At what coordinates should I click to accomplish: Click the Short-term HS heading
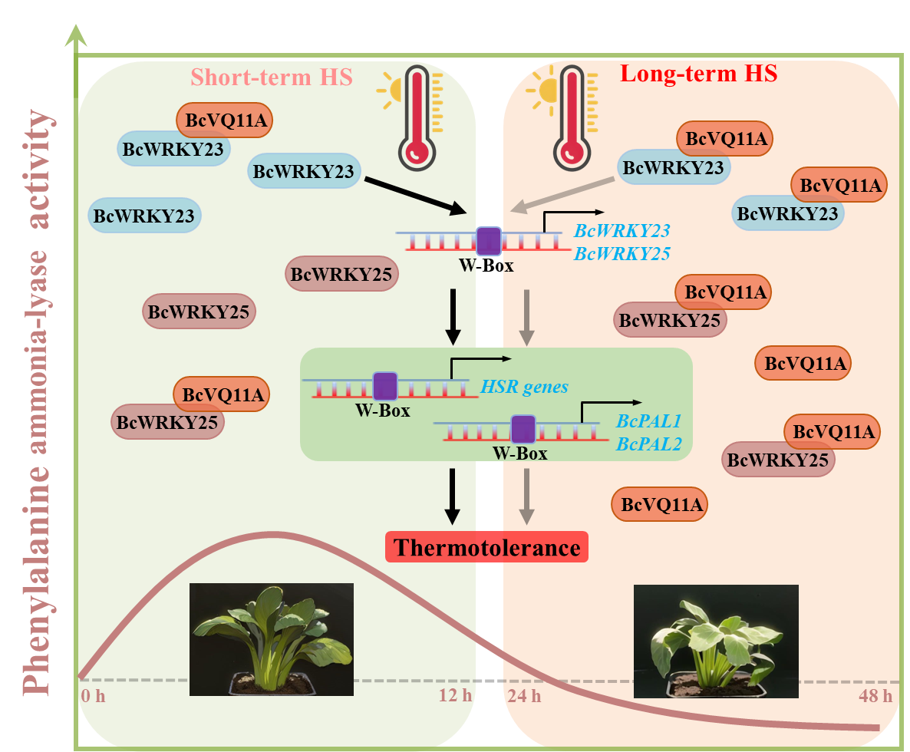pos(272,78)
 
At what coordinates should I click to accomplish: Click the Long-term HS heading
pos(698,74)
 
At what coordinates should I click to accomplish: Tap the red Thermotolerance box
pos(486,548)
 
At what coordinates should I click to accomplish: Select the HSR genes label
pos(525,386)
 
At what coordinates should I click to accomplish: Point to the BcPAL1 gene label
pos(648,421)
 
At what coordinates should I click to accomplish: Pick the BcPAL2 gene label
pos(648,443)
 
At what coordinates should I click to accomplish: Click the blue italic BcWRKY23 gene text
pos(622,230)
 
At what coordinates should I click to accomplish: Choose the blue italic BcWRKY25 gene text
pos(622,253)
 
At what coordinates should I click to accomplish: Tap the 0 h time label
pos(92,696)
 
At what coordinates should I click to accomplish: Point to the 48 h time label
pos(875,696)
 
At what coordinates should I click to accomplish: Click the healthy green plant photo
pos(272,639)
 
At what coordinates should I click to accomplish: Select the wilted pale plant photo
pos(716,642)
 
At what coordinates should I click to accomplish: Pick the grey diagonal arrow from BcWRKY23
pos(564,193)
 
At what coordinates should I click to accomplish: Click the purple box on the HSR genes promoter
pos(384,385)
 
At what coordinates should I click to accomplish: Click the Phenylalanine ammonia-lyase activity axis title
pos(38,399)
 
